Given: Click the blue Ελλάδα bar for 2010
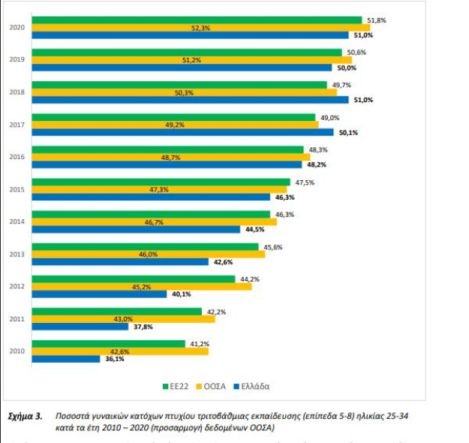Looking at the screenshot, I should pos(67,359).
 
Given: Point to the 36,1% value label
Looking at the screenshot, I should pos(114,359).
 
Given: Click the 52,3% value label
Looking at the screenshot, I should pos(201,28).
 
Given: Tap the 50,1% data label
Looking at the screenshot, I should pos(369,132).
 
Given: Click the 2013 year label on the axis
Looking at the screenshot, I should pos(17,254).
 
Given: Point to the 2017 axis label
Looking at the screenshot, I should pos(17,125).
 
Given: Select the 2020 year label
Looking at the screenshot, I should pos(17,28).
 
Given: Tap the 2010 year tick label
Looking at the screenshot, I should pos(17,351).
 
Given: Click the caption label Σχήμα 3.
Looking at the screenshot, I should pos(25,415).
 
